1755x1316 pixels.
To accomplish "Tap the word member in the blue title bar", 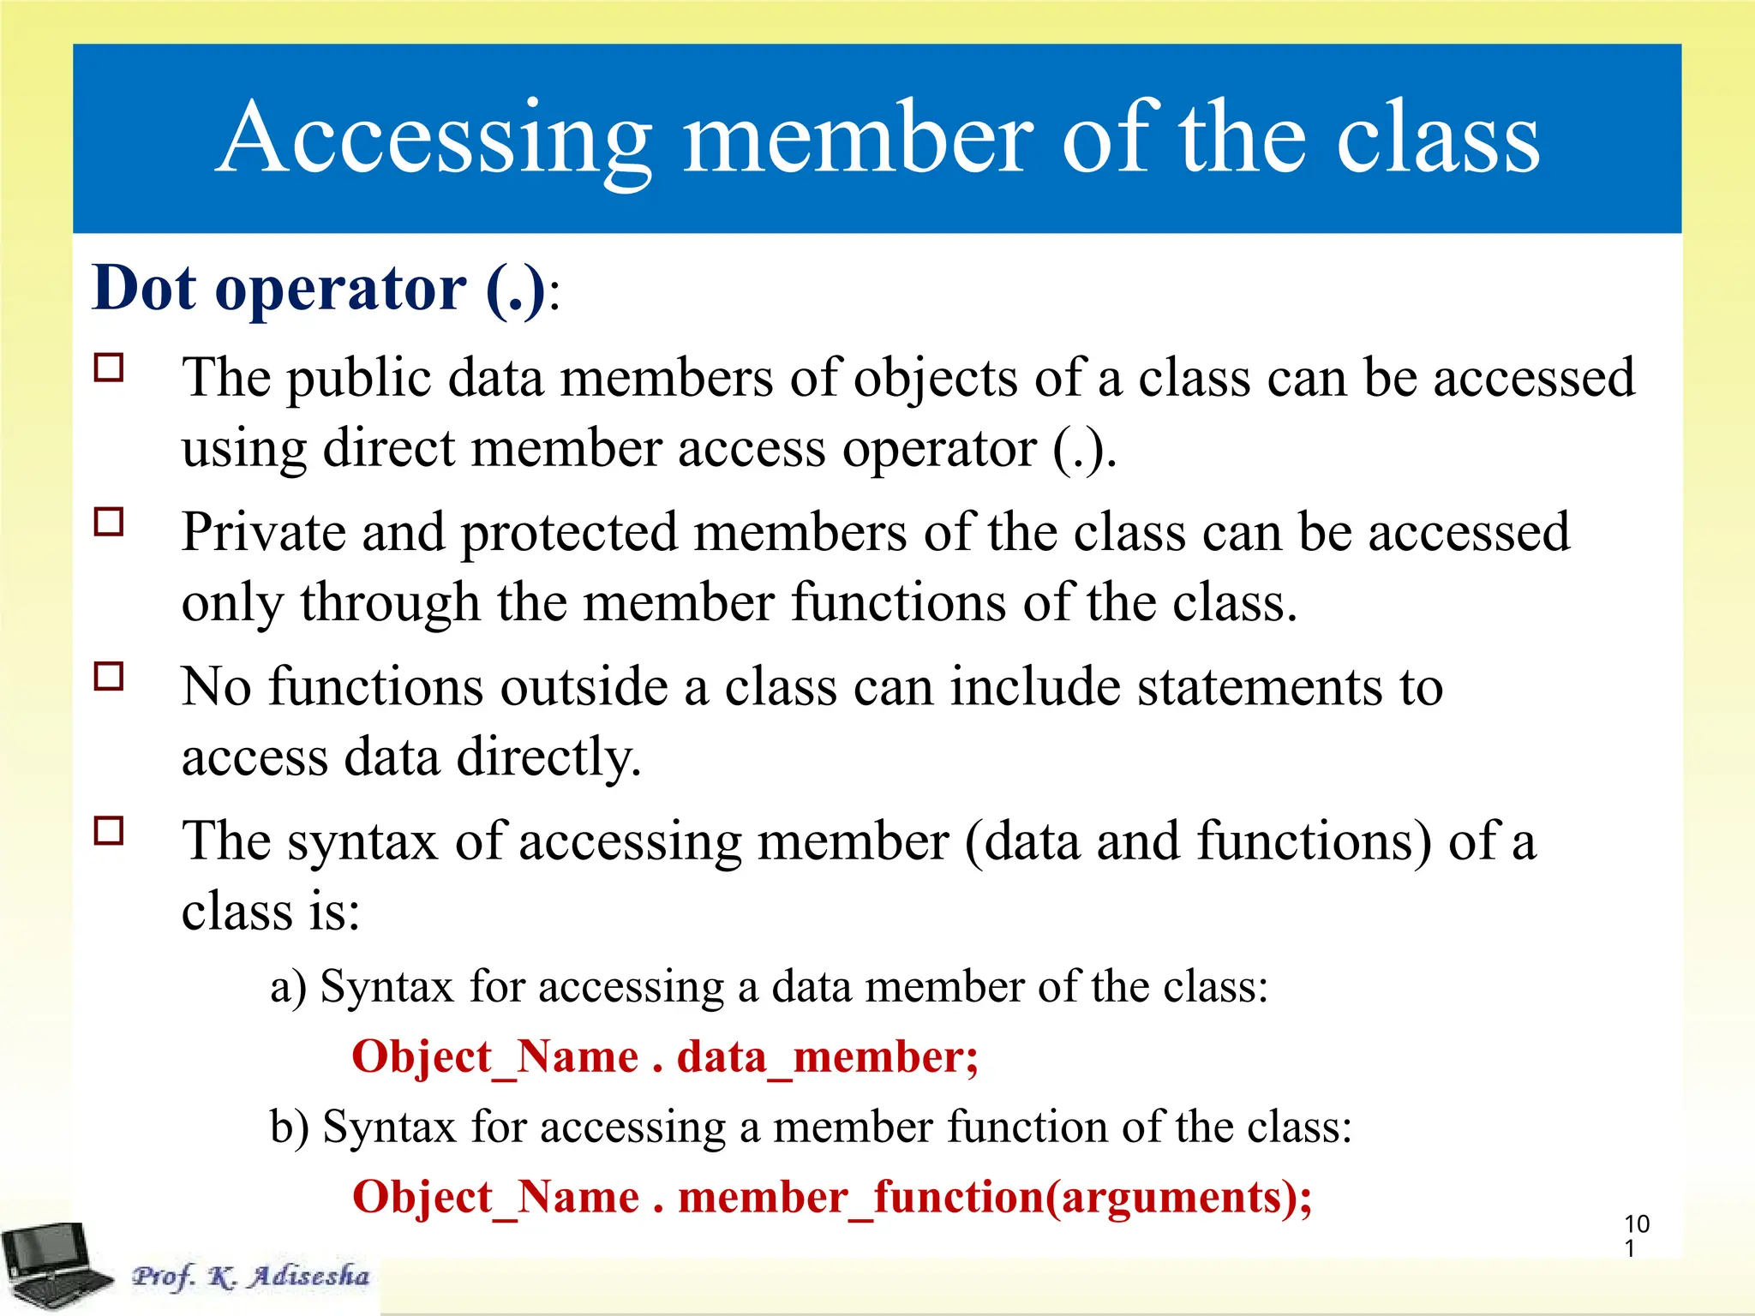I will (859, 139).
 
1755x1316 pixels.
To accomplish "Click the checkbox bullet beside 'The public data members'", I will (109, 368).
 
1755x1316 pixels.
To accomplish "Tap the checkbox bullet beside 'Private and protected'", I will (109, 522).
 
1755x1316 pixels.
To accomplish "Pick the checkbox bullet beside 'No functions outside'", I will (109, 677).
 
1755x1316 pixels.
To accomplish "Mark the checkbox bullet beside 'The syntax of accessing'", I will (109, 831).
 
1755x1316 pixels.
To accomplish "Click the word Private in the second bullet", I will (263, 532).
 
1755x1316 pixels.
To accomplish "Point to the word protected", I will (569, 534).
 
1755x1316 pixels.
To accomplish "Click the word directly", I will (548, 757).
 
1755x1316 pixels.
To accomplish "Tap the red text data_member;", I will (827, 1056).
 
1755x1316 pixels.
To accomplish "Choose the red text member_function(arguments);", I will (995, 1197).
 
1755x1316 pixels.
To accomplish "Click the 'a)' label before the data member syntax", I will (288, 987).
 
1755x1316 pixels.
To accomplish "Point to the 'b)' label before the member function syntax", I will (289, 1127).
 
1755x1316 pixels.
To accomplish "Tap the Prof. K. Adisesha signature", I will (250, 1276).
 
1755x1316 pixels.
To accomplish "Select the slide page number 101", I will (1636, 1235).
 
